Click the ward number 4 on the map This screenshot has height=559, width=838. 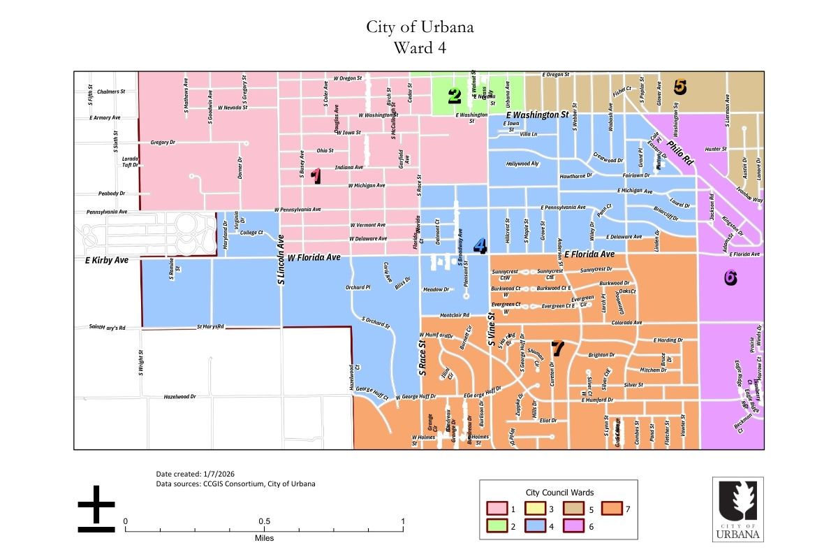click(480, 246)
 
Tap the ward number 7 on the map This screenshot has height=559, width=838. click(557, 347)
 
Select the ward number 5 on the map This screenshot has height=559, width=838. click(679, 87)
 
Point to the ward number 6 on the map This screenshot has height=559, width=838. click(730, 277)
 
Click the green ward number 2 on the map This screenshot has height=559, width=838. click(455, 96)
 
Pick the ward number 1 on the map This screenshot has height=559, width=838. click(316, 176)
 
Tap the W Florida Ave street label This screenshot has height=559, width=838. click(314, 258)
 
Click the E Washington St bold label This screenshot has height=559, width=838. click(533, 114)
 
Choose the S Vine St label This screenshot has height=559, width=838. click(492, 329)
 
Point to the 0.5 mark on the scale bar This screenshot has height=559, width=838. click(264, 521)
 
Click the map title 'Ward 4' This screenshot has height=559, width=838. click(419, 48)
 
